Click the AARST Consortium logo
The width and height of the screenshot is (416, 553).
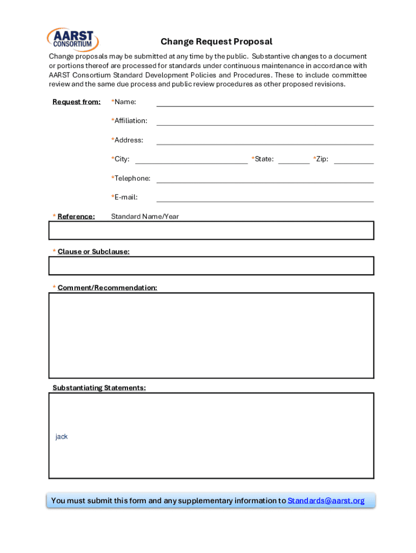click(x=73, y=40)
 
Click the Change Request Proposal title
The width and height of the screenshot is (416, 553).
click(x=216, y=42)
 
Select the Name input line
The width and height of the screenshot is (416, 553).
click(x=265, y=103)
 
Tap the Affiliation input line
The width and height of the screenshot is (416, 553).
click(x=265, y=122)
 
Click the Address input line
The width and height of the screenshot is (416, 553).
click(x=265, y=141)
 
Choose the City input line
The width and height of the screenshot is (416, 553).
click(x=191, y=159)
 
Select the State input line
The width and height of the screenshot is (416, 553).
click(x=294, y=159)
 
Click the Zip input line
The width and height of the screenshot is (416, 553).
click(x=353, y=159)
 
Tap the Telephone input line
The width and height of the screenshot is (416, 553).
click(x=265, y=179)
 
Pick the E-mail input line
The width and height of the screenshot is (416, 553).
click(x=265, y=198)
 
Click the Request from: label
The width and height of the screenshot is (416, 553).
click(x=76, y=102)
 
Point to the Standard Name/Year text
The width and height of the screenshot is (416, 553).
click(x=145, y=217)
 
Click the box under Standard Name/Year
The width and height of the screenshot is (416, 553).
click(x=211, y=231)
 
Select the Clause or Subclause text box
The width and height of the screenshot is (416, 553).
click(x=211, y=266)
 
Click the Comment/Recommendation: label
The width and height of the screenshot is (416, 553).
click(x=108, y=288)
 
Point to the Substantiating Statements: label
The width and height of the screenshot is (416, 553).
click(x=99, y=388)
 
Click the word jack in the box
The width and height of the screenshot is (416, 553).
click(x=62, y=436)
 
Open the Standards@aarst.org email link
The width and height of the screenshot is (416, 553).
click(x=326, y=501)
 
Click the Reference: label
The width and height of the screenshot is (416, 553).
click(x=76, y=217)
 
